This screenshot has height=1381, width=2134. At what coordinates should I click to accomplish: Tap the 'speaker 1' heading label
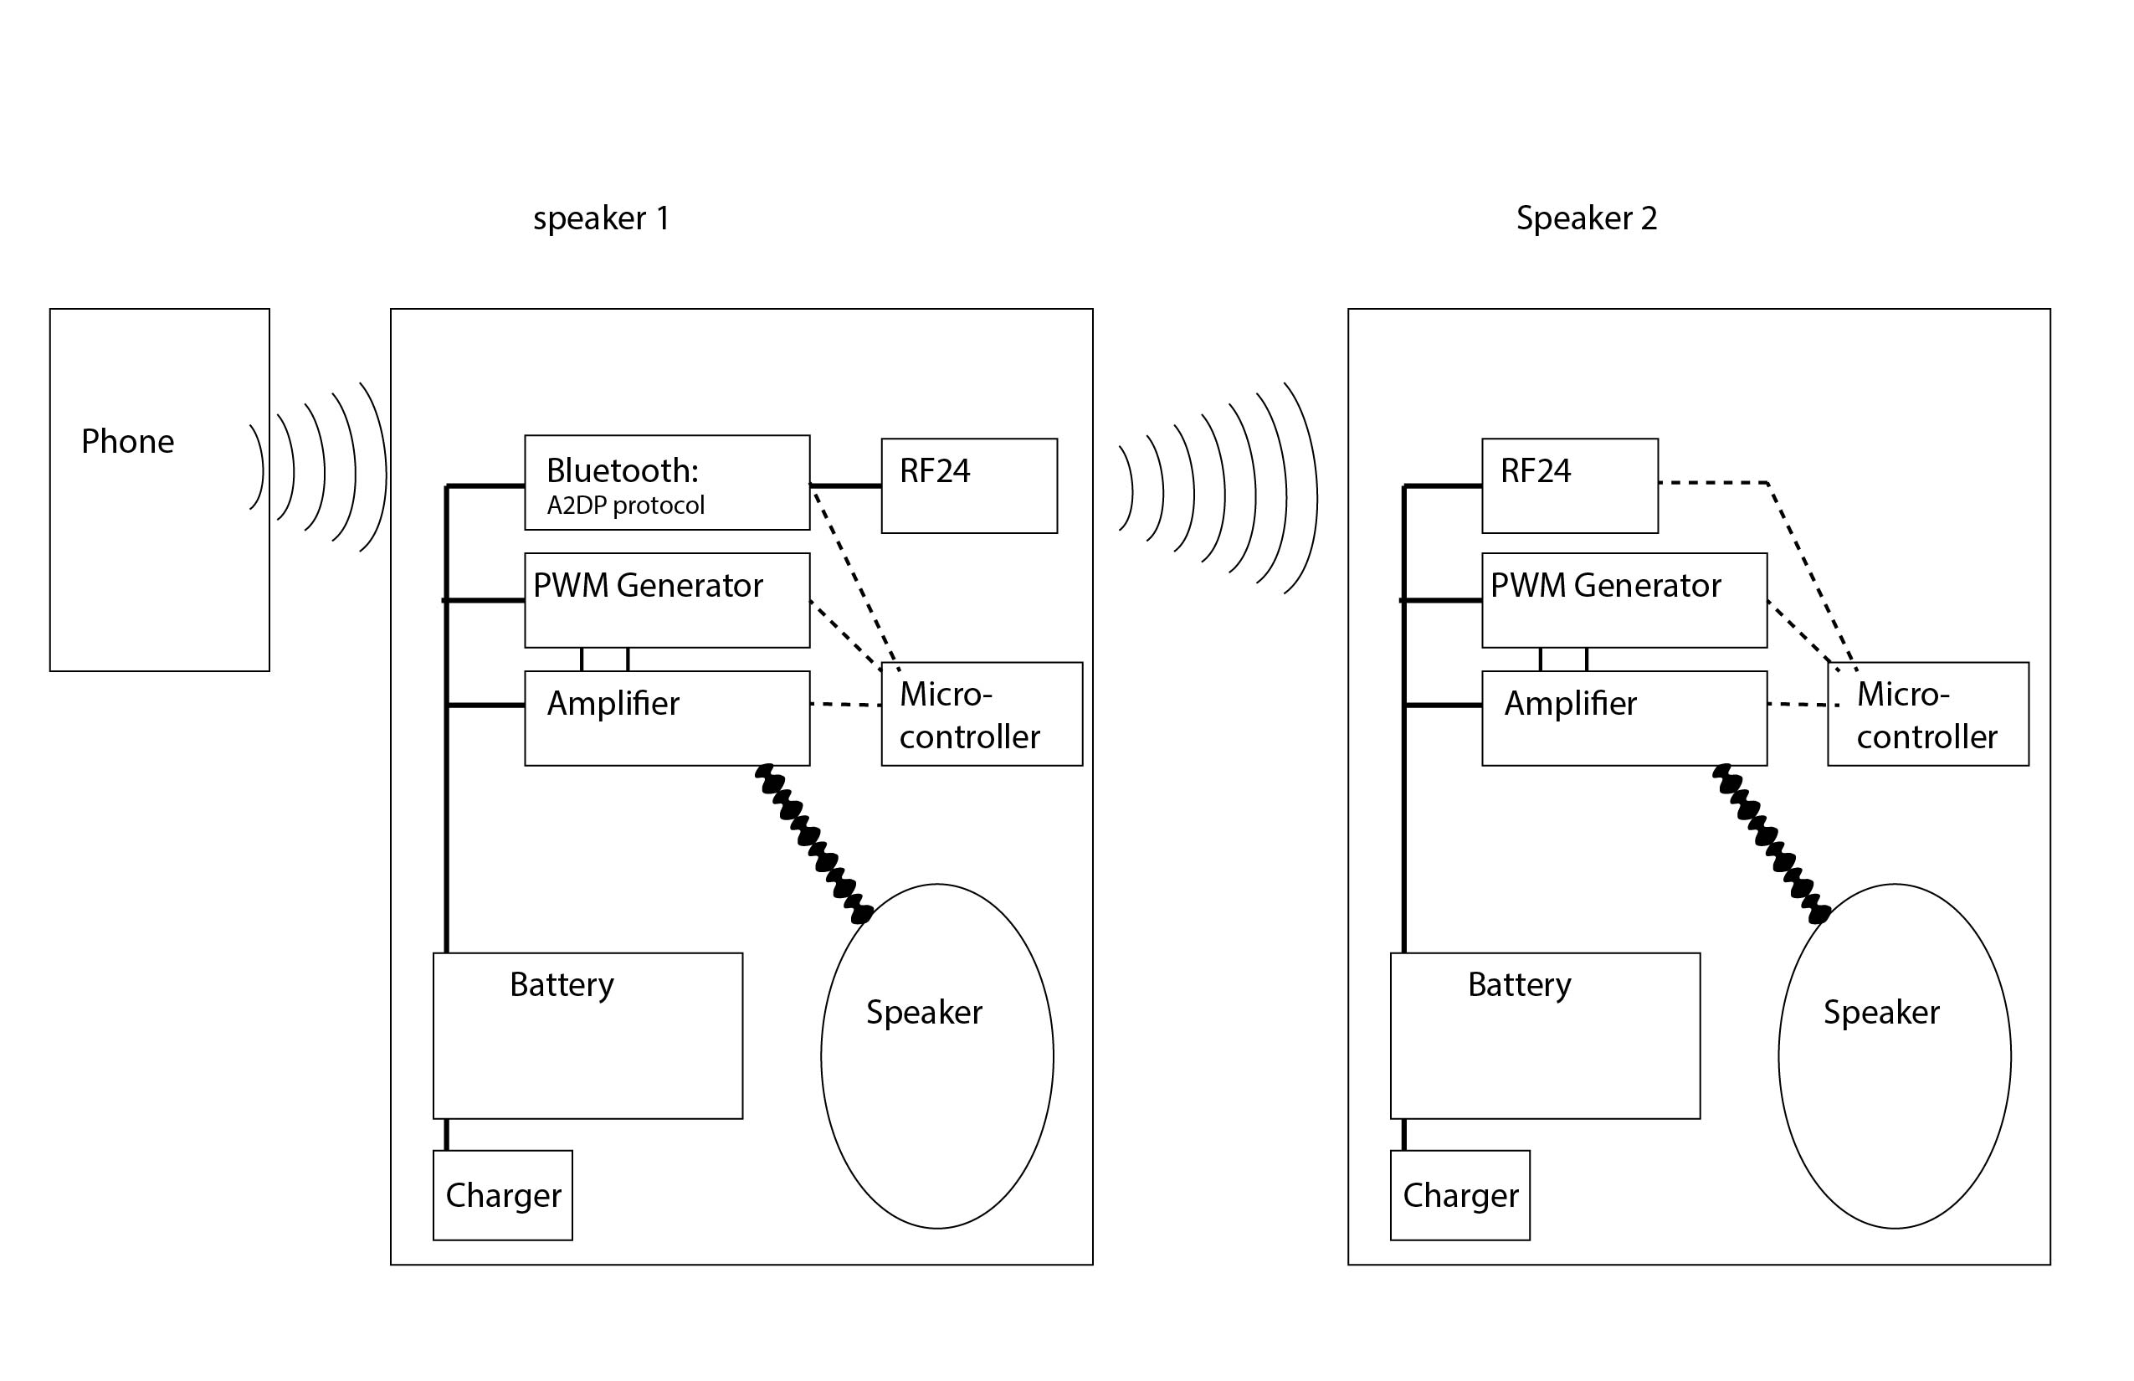601,218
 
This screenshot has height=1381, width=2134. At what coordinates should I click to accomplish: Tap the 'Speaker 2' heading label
1586,218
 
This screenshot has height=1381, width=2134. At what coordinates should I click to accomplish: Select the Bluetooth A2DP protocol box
666,482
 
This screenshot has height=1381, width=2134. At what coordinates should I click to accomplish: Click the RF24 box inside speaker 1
968,486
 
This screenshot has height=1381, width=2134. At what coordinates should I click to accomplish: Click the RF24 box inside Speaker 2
1569,486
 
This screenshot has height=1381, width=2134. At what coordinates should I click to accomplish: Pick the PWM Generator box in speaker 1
666,600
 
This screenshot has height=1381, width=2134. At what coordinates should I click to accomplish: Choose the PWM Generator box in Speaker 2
1624,600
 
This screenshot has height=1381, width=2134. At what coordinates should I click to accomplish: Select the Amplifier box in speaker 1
666,718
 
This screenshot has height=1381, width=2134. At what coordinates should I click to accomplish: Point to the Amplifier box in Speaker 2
1624,718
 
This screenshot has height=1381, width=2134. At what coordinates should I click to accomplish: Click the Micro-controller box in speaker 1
982,715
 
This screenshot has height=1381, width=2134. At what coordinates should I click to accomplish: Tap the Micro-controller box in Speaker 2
1928,715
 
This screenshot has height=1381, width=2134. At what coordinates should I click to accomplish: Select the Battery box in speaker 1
587,1036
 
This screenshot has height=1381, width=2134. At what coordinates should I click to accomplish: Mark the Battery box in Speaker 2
1545,1036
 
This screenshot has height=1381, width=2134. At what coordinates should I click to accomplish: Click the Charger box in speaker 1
502,1195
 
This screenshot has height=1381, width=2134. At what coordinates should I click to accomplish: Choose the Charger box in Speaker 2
1459,1195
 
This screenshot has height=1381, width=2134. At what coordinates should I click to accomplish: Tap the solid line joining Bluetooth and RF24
845,486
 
